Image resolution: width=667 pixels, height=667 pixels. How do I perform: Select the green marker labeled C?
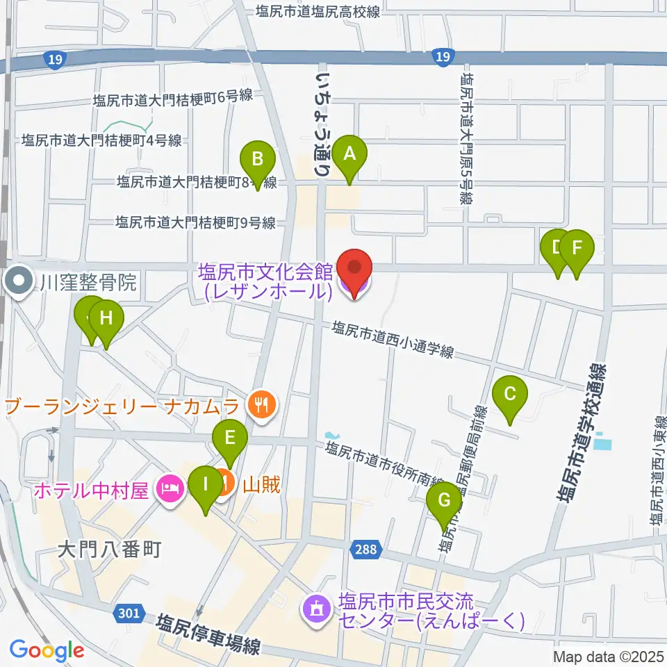(x=509, y=397)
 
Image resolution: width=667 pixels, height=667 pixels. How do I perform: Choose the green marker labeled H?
(x=106, y=321)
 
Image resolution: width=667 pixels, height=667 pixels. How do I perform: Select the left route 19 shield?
(x=57, y=60)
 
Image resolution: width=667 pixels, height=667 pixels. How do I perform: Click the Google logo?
(x=47, y=650)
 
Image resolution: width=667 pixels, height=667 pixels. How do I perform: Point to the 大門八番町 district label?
(x=109, y=550)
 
